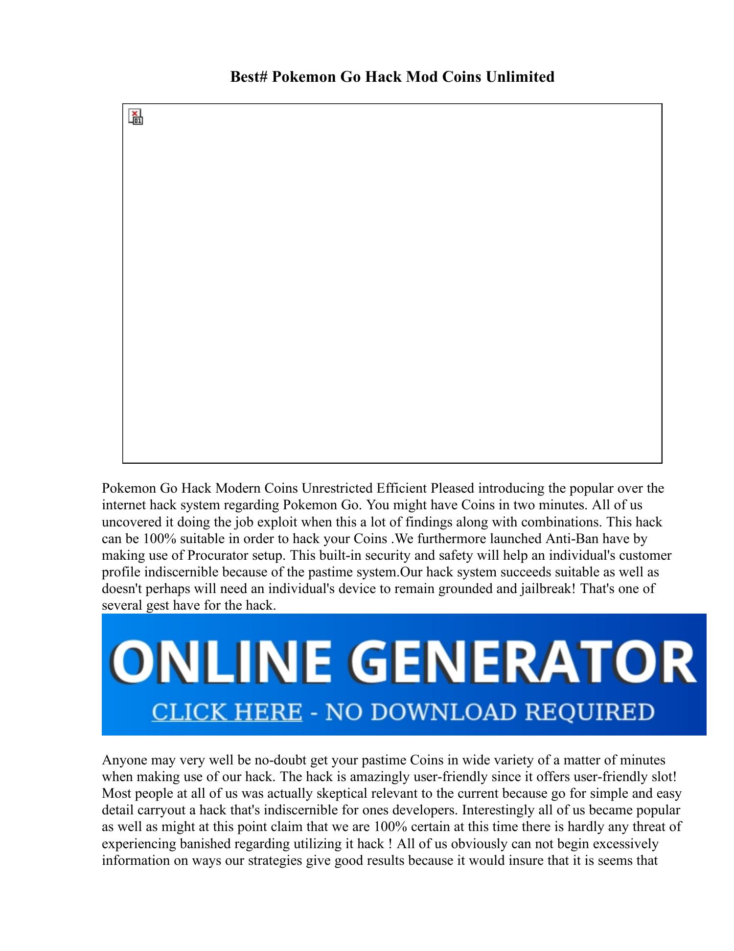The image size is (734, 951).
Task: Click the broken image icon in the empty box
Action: [136, 117]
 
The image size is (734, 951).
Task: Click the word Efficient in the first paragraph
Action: [401, 488]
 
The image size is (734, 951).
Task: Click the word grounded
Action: [465, 589]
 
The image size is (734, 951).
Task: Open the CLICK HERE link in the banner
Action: [227, 712]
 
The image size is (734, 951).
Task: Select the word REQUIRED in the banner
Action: [590, 712]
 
